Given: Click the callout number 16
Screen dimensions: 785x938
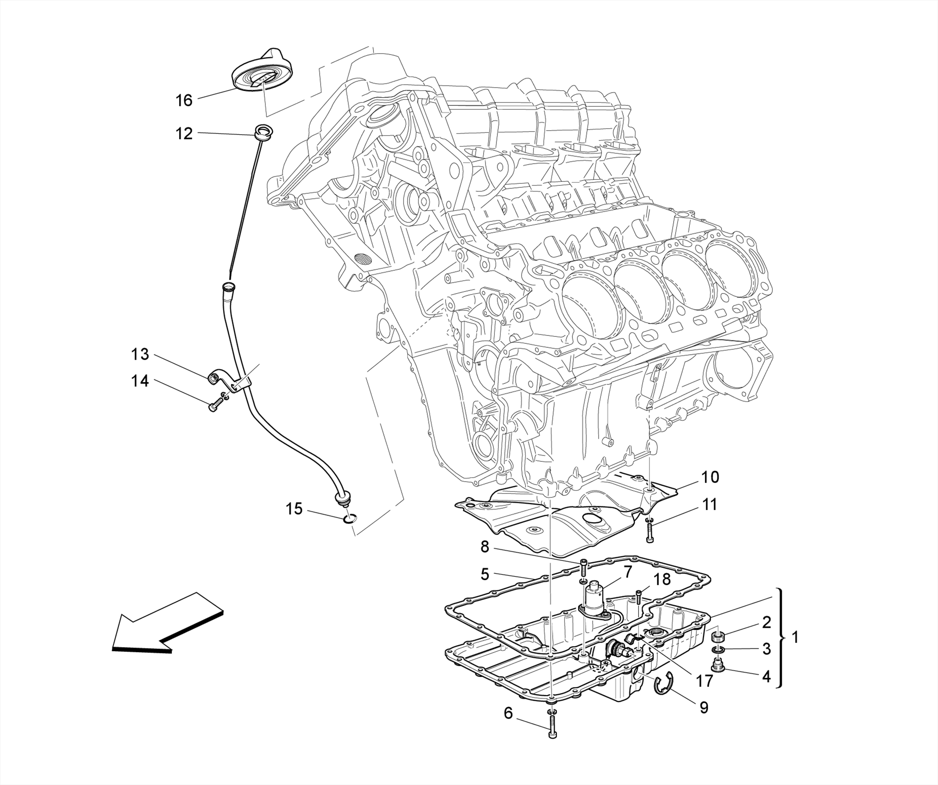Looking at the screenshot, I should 184,100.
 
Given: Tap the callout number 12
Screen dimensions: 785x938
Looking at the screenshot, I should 184,133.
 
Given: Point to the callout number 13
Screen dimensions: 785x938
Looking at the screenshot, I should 140,354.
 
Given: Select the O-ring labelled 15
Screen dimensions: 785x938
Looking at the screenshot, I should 349,518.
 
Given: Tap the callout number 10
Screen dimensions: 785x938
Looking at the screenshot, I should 710,477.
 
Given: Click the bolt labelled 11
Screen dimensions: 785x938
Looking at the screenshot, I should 651,534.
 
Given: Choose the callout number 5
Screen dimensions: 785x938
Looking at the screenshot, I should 485,574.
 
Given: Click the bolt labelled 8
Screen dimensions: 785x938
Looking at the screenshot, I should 584,567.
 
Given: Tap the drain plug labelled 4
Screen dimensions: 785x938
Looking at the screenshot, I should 717,668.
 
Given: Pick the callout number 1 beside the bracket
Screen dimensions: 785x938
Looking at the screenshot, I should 796,637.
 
